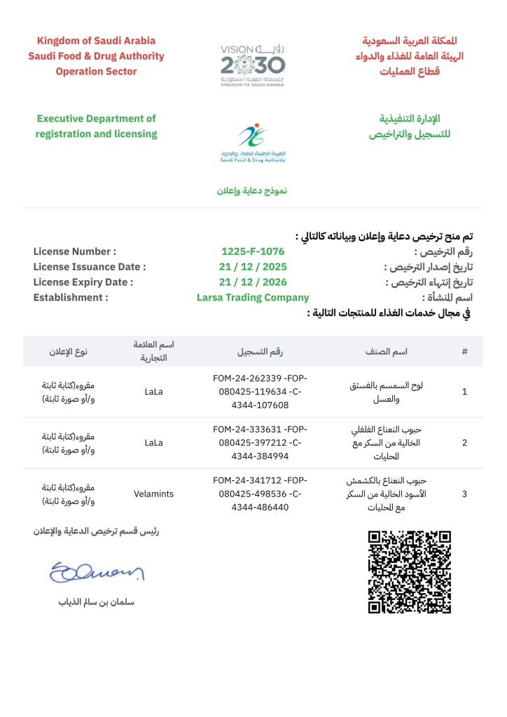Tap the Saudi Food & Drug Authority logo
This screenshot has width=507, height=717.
click(x=253, y=142)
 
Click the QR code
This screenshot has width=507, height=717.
click(x=410, y=571)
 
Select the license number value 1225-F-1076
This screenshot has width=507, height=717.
click(x=253, y=251)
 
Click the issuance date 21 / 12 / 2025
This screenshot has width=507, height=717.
click(x=253, y=267)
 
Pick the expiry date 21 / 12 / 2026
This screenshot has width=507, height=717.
click(x=253, y=282)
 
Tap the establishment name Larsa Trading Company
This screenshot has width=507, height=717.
click(x=253, y=298)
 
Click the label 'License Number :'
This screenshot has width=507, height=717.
click(x=75, y=251)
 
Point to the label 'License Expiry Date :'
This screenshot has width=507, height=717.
click(x=83, y=282)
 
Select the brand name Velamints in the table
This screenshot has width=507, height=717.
click(x=154, y=494)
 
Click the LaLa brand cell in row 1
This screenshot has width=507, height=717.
click(x=153, y=391)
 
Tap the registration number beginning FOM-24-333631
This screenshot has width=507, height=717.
click(x=260, y=443)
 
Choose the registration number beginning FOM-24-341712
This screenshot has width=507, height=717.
click(x=260, y=494)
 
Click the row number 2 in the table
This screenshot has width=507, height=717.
click(x=464, y=443)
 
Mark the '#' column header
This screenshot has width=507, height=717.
click(x=464, y=351)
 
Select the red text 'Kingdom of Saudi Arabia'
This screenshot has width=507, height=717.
click(x=96, y=41)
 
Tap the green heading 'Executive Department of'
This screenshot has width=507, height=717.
click(x=96, y=118)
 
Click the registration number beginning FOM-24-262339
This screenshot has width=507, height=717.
click(x=260, y=391)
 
